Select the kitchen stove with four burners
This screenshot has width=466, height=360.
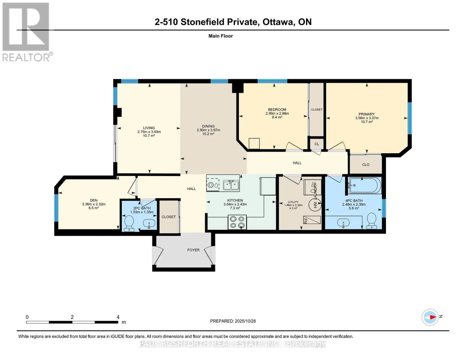coord(237,222)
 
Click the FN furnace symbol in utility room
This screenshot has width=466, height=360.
coord(312,220)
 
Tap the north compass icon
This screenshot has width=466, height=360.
coord(430,317)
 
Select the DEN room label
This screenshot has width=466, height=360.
coord(94,200)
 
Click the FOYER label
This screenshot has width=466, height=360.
coord(193,250)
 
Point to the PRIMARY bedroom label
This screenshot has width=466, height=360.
coord(367,114)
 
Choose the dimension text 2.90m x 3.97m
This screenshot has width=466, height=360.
coord(208,130)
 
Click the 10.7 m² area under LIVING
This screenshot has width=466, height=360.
coord(149,136)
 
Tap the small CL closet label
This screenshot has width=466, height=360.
coord(317,144)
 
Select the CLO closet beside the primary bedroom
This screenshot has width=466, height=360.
coord(365,165)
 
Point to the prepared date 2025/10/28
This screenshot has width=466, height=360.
coord(233,321)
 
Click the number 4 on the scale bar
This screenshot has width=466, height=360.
coord(118,317)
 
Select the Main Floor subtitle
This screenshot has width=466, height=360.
coord(221,36)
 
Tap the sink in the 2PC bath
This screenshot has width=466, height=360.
coord(149,223)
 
